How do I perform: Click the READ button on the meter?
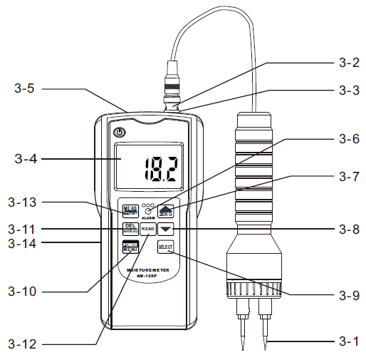(148, 229)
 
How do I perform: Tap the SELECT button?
(166, 247)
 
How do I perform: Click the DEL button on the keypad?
(130, 229)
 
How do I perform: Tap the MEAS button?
(130, 210)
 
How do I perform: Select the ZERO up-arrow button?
(166, 210)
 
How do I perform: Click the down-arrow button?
(166, 229)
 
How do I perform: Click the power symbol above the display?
(120, 132)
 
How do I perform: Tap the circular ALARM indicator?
(148, 212)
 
